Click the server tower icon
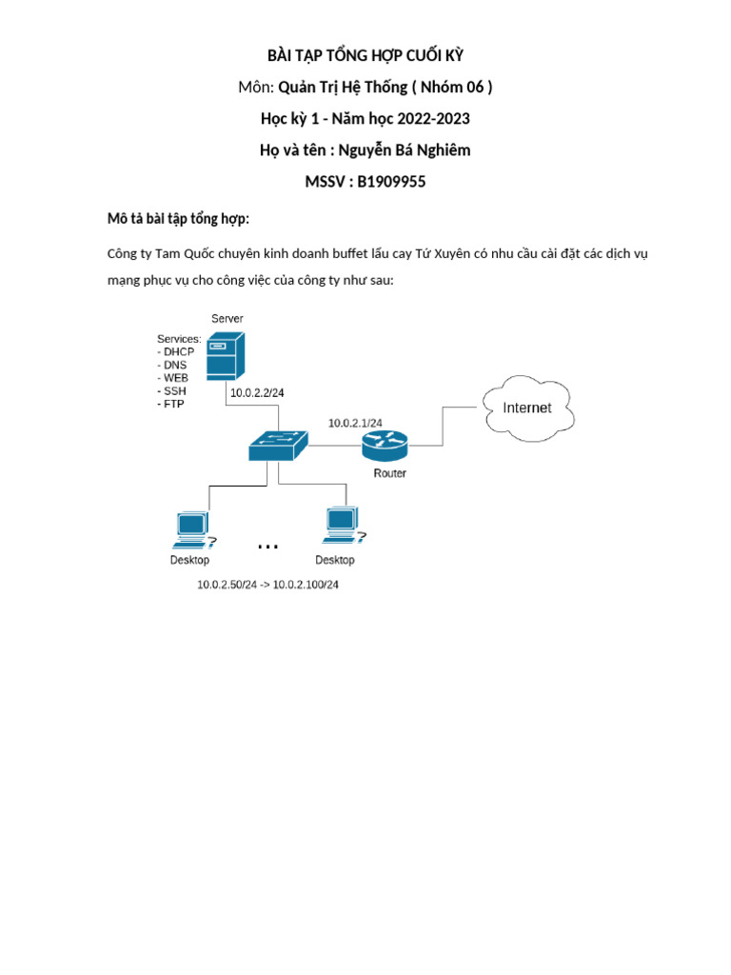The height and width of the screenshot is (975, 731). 227,355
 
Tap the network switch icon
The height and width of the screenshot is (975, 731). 279,444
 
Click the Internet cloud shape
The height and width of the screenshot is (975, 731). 527,408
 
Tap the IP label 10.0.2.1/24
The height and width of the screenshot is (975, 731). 356,423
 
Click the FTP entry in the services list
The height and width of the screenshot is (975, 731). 171,404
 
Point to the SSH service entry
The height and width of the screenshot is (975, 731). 172,390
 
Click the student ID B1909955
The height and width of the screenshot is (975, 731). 391,181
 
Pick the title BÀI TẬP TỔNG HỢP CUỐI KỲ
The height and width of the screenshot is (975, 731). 365,55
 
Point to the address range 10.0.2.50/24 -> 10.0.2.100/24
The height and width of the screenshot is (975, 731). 267,585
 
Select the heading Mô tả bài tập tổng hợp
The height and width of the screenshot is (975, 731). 178,220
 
